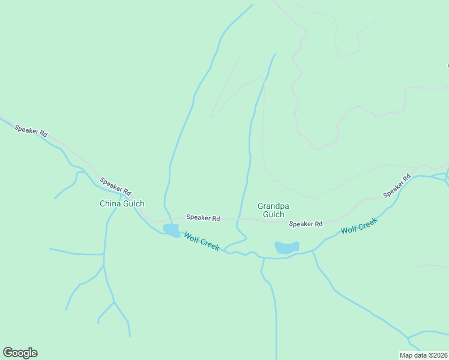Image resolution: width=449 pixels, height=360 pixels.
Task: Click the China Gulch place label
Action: [122, 203]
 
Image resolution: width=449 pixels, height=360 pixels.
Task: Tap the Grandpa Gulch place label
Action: [273, 210]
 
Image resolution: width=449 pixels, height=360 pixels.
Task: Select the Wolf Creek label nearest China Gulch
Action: [202, 241]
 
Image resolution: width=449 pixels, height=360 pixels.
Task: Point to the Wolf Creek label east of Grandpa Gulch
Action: [359, 226]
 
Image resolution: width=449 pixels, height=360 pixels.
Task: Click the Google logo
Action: [20, 353]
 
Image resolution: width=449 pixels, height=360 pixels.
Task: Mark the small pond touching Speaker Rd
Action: [171, 230]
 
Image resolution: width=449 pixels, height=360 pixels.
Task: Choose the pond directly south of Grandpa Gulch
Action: [286, 247]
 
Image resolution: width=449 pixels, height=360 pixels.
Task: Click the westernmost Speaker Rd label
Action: [31, 132]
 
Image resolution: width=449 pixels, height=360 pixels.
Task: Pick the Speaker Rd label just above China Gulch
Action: [115, 186]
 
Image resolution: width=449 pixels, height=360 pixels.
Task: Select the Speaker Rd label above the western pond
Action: [203, 217]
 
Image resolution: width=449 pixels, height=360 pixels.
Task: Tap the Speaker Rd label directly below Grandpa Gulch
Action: [306, 224]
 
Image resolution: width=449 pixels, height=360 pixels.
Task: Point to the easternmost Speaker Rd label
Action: [397, 186]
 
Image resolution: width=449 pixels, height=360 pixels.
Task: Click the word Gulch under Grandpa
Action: [273, 214]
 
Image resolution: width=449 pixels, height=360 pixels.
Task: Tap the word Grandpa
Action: [273, 206]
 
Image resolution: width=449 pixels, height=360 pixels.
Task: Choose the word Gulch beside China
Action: [133, 203]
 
